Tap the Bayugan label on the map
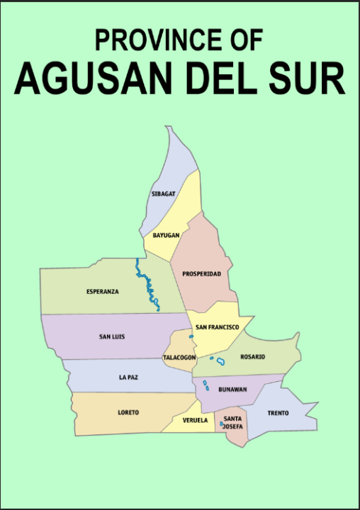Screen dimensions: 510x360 pyautogui.click(x=166, y=234)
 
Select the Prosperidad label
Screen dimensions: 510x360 pyautogui.click(x=201, y=273)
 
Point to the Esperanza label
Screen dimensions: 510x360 pyautogui.click(x=103, y=291)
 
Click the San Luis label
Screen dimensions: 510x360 pyautogui.click(x=112, y=336)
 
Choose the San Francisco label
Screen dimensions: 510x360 pyautogui.click(x=218, y=327)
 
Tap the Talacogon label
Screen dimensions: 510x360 pyautogui.click(x=179, y=358)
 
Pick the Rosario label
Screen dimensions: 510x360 pyautogui.click(x=252, y=357)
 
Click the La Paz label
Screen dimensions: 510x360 pyautogui.click(x=128, y=378)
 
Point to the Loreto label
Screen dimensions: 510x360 pyautogui.click(x=128, y=412)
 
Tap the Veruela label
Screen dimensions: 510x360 pyautogui.click(x=195, y=420)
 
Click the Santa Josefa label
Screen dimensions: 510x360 pyautogui.click(x=233, y=423)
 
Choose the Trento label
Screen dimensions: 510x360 pyautogui.click(x=278, y=413)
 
